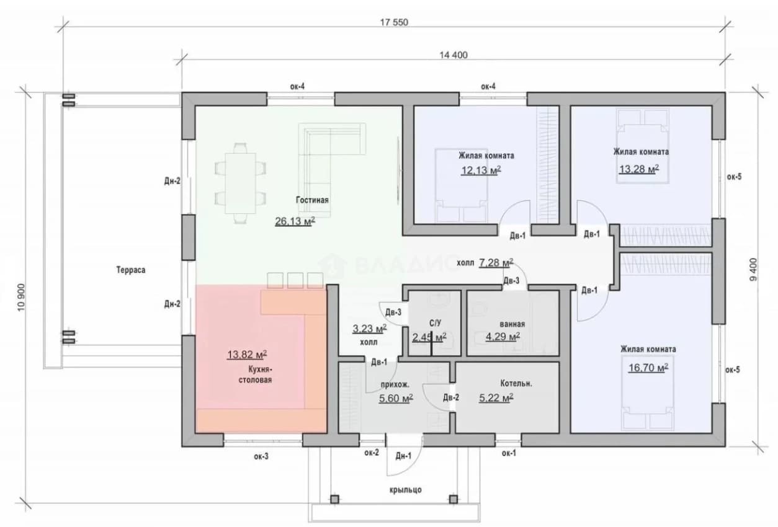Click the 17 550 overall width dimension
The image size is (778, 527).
(394, 22)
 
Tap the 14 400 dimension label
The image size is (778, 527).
(454, 55)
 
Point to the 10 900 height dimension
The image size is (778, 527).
(22, 298)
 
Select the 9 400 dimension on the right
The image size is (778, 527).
(753, 270)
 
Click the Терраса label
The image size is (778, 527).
(131, 270)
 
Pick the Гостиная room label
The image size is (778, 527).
(312, 200)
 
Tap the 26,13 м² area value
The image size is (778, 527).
(295, 221)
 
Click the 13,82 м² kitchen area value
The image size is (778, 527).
(247, 355)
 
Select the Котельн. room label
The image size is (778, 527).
(516, 383)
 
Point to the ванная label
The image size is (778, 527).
(512, 324)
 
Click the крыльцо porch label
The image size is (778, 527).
(406, 490)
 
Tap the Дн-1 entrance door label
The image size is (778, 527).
(403, 456)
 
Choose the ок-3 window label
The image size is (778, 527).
(261, 456)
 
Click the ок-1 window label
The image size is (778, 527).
(509, 453)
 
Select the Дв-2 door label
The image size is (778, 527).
(451, 397)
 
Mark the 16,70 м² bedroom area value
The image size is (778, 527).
(648, 367)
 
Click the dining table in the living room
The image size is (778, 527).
(240, 183)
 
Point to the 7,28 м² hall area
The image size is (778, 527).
(496, 262)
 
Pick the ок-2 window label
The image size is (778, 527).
(372, 453)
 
